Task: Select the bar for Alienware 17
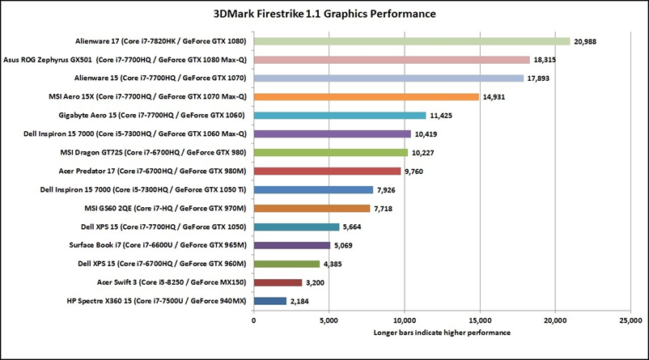tap(412, 41)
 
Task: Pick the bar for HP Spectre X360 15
tap(270, 301)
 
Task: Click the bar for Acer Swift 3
tap(278, 282)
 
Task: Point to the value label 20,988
tap(587, 41)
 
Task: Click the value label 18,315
tap(546, 60)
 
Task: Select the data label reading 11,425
tap(443, 116)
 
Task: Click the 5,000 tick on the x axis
tap(329, 320)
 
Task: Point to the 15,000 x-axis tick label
tap(480, 320)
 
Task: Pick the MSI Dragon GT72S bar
tap(331, 152)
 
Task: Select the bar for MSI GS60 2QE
tap(312, 208)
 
